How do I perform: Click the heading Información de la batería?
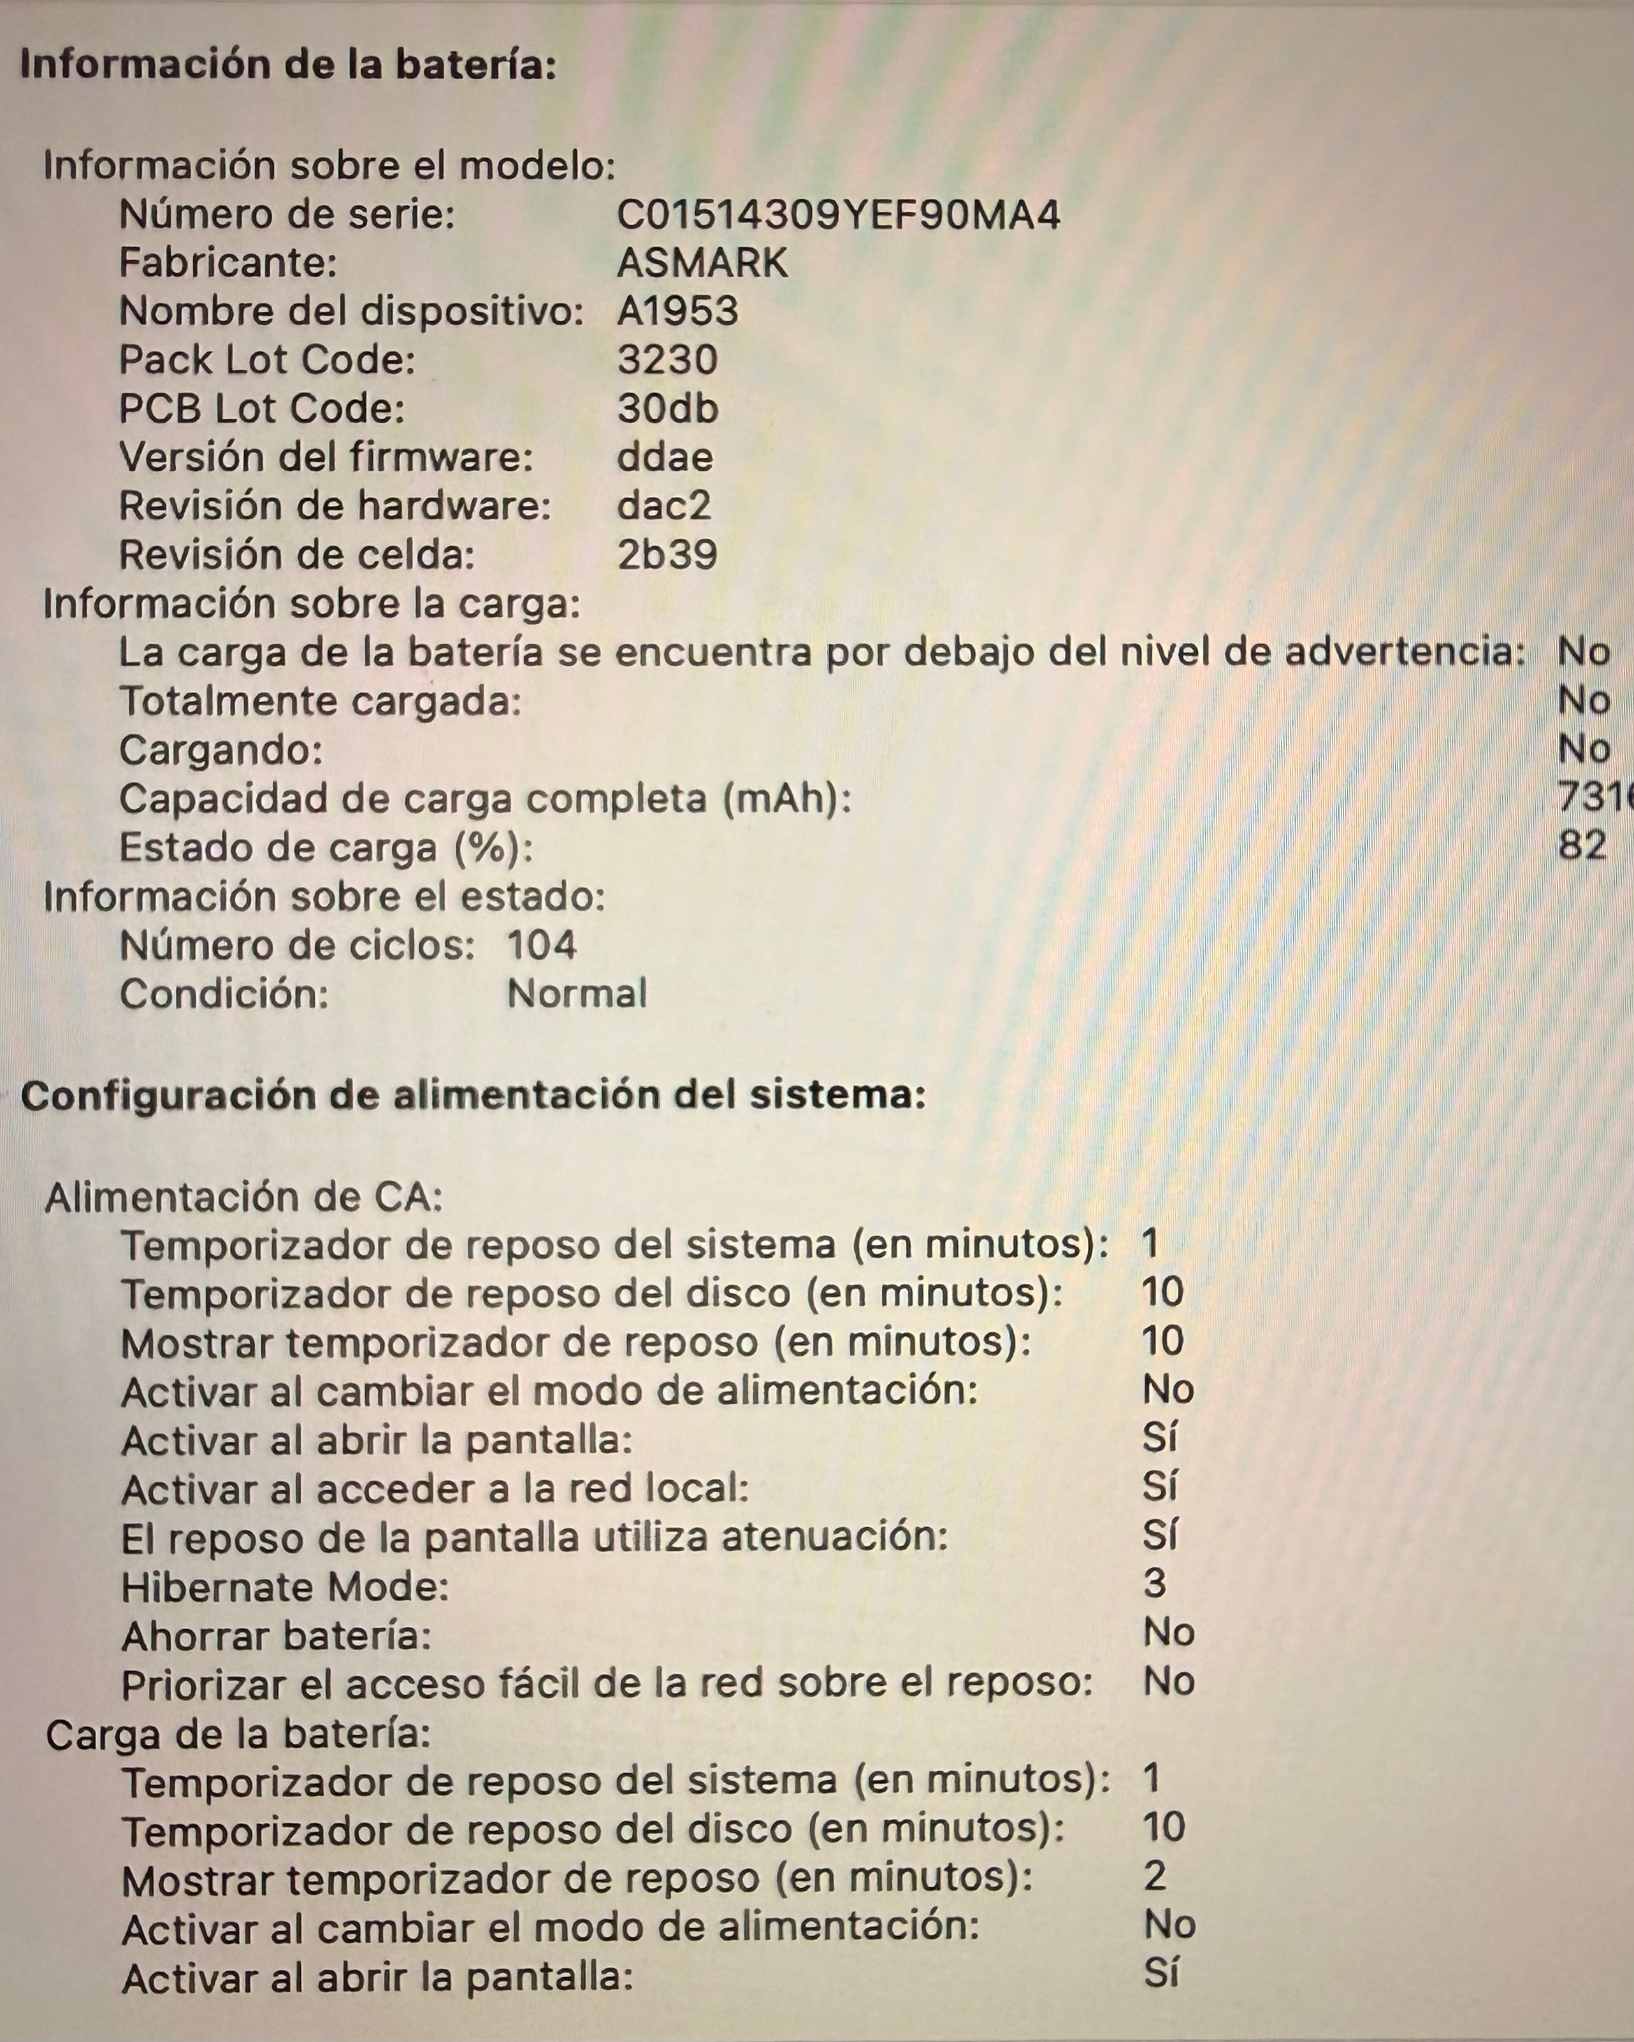(x=288, y=66)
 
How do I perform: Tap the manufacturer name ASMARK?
(x=702, y=263)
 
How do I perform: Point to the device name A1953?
(x=677, y=312)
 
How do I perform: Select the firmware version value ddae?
(x=665, y=457)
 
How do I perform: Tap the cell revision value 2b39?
(x=667, y=555)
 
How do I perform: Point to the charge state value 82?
(x=1582, y=845)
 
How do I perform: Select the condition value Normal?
(x=577, y=993)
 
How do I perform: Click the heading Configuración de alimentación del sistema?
(x=473, y=1096)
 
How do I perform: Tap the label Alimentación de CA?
(x=243, y=1198)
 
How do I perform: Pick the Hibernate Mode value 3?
(x=1155, y=1584)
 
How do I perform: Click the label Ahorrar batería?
(x=277, y=1636)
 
